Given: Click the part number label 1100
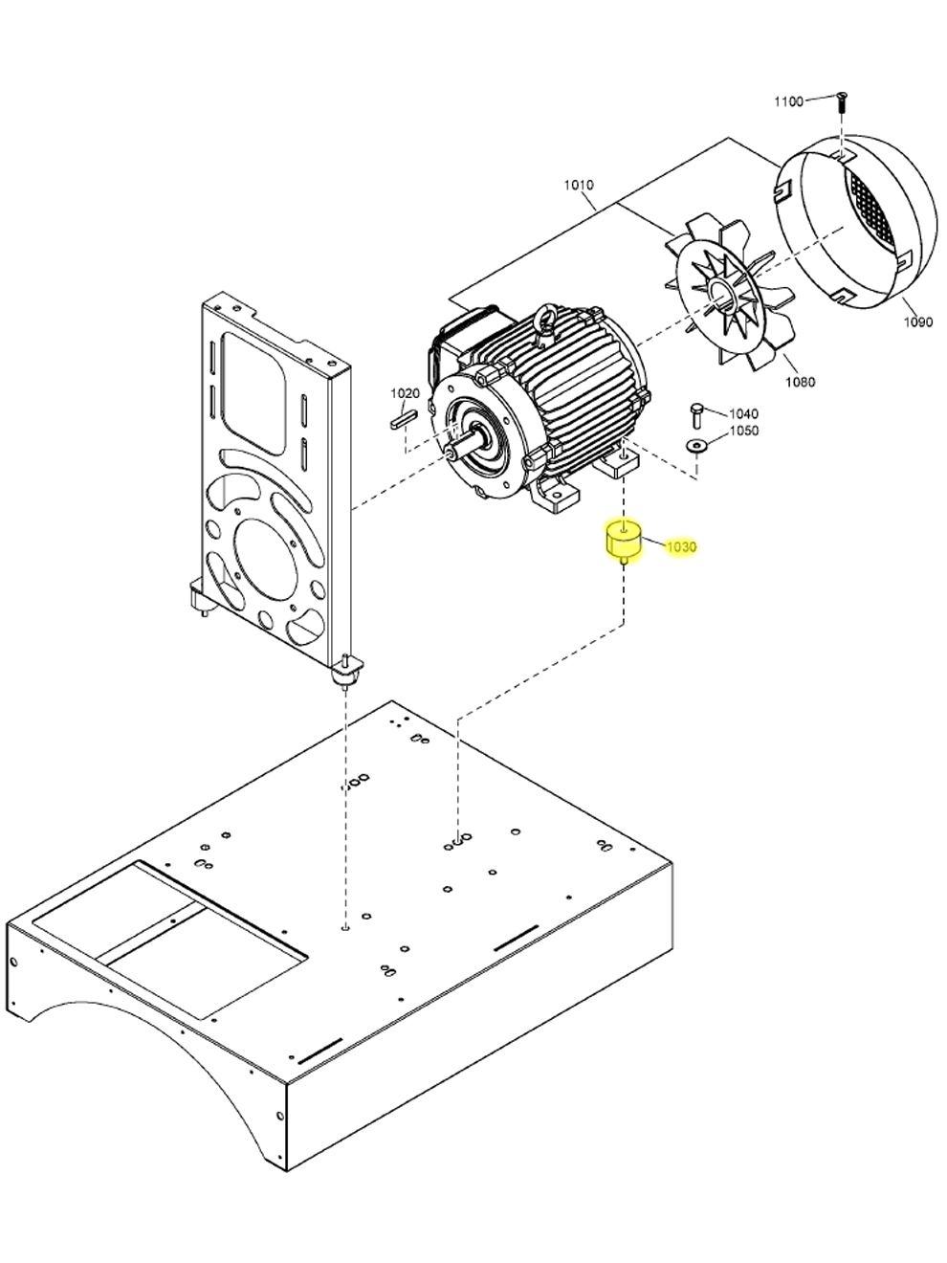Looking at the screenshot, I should point(788,101).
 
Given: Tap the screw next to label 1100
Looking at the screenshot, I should point(840,100).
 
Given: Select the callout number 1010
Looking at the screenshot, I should point(578,185).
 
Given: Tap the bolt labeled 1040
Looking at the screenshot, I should point(696,414).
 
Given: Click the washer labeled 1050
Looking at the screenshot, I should point(695,444).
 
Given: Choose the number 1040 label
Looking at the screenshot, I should point(743,414).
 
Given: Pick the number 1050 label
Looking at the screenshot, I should point(743,432).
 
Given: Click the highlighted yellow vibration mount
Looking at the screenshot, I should point(623,542).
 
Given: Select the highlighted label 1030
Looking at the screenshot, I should point(681,547).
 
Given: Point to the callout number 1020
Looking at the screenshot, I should point(405,393).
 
